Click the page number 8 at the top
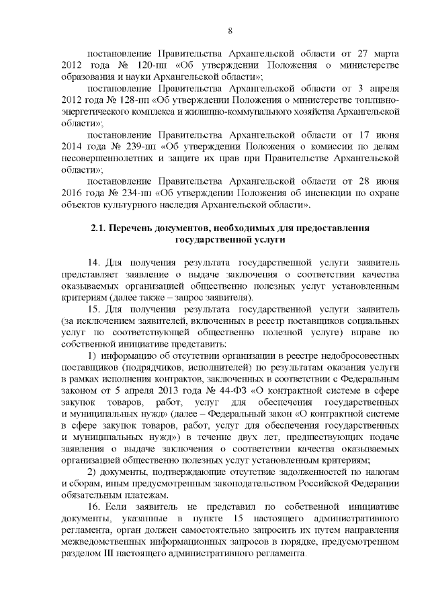tap(230, 31)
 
